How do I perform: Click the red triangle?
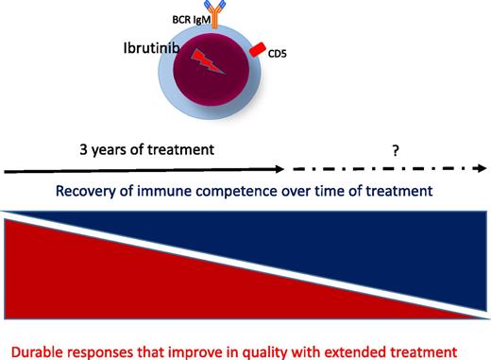click(x=113, y=283)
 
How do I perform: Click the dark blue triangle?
click(x=378, y=246)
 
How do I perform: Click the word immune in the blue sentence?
click(x=178, y=191)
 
